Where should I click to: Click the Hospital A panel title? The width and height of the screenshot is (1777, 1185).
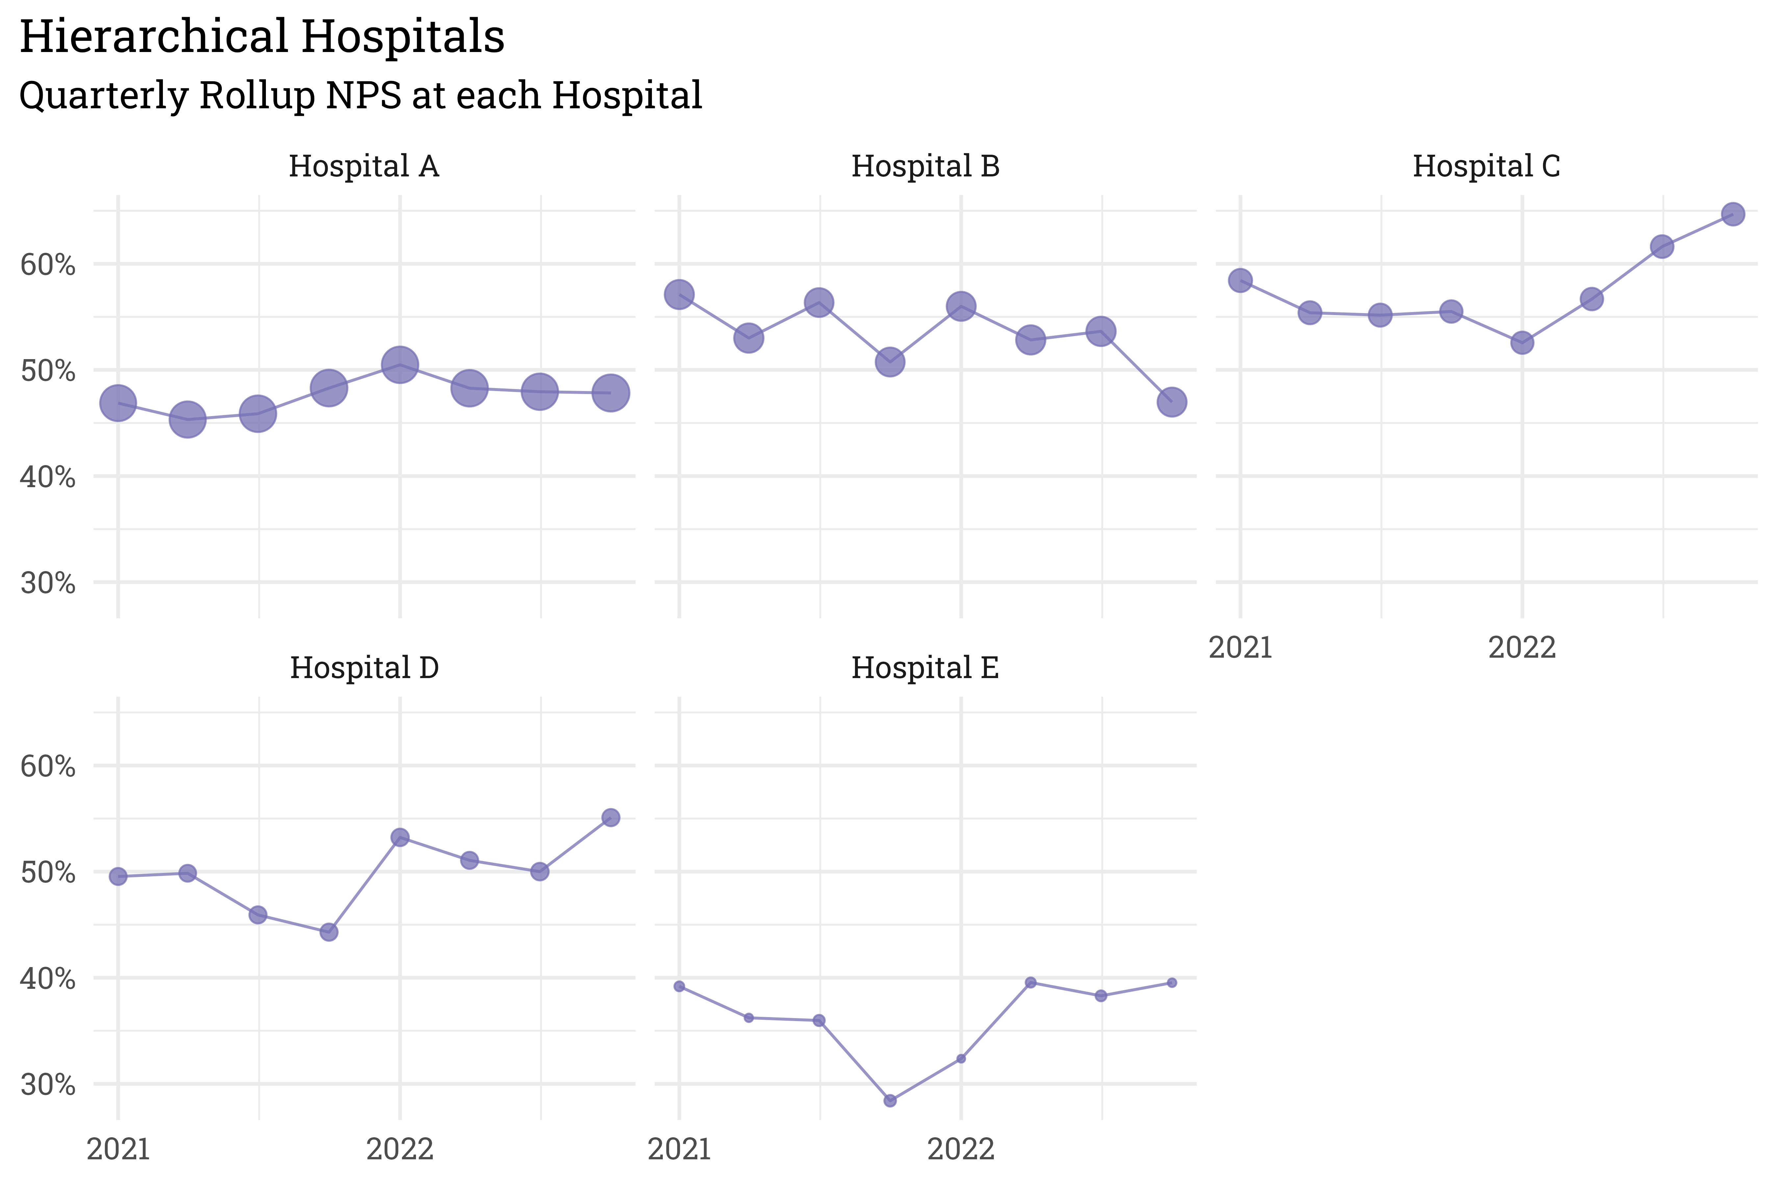(363, 166)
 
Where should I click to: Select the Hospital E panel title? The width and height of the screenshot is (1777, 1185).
(925, 668)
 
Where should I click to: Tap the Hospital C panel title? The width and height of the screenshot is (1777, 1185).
(1486, 166)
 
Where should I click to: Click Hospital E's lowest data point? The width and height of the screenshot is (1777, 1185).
(890, 1100)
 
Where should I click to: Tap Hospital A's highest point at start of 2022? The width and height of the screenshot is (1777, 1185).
(400, 365)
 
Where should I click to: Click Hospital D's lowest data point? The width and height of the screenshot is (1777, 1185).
(329, 932)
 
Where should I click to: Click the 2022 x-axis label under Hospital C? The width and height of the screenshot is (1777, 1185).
(1522, 648)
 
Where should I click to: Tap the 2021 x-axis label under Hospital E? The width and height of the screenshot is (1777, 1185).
(679, 1149)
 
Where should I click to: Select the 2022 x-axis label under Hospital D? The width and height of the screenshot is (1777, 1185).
(400, 1149)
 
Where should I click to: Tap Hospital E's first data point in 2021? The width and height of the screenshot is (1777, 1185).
(679, 986)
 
